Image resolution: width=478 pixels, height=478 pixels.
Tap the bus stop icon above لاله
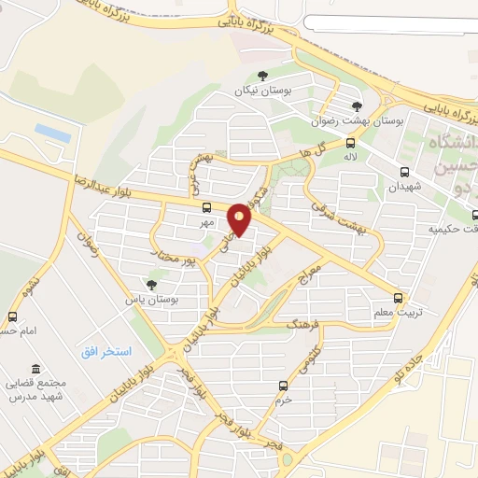(351, 143)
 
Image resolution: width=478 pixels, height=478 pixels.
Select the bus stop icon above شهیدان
(404, 172)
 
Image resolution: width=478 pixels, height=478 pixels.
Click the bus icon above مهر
(205, 208)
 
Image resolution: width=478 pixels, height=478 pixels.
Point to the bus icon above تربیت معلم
(399, 299)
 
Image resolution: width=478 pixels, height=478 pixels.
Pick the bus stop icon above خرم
(283, 386)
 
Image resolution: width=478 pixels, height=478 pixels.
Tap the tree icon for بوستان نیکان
(261, 77)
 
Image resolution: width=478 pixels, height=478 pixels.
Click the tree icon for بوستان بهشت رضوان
(357, 105)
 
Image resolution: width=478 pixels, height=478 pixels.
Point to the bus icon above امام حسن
(12, 316)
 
